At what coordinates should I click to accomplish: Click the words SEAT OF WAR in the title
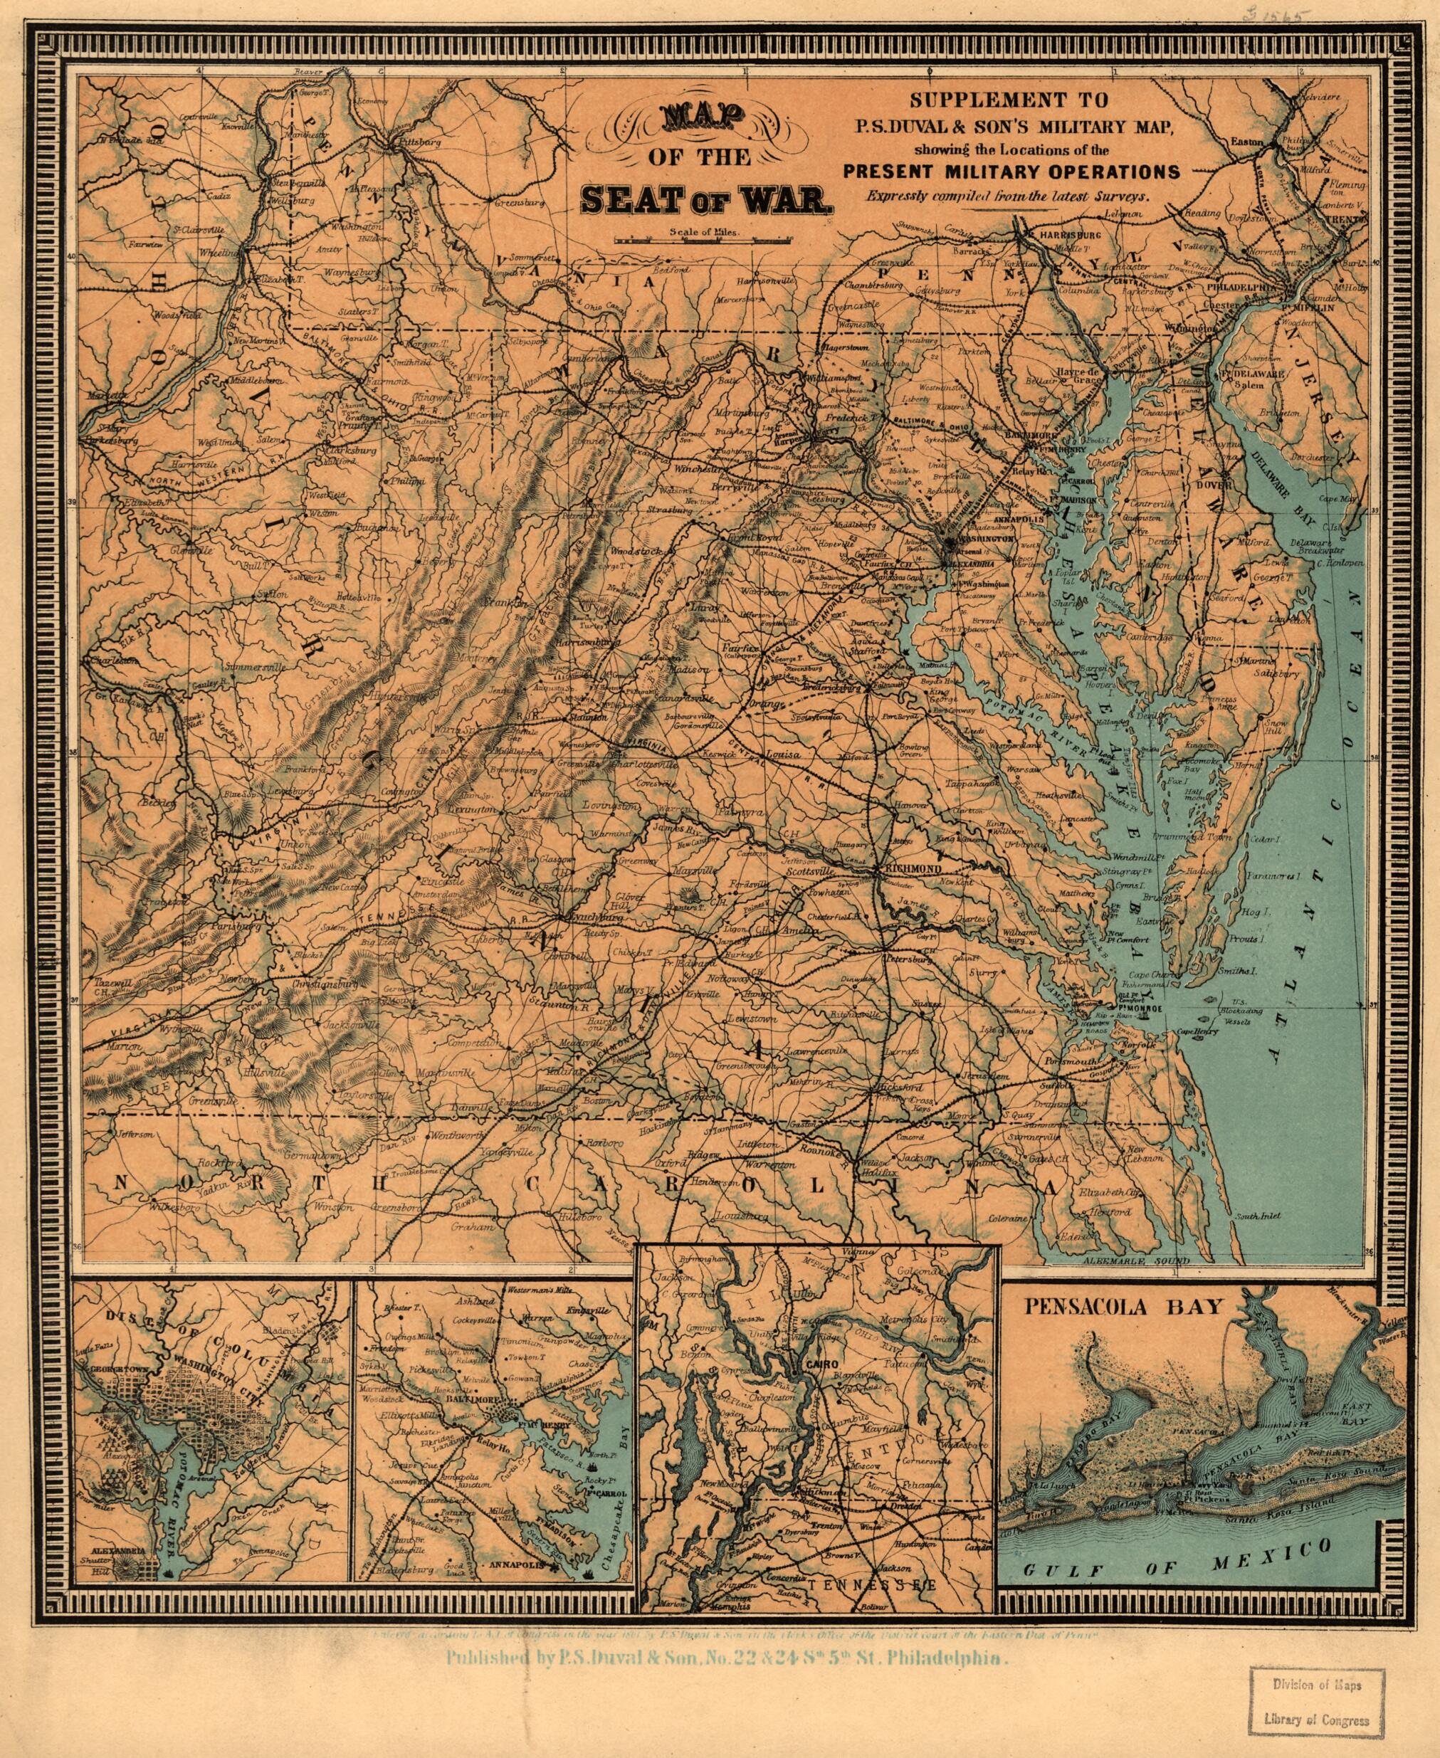coord(703,199)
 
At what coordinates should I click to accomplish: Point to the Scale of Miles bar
coord(701,241)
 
